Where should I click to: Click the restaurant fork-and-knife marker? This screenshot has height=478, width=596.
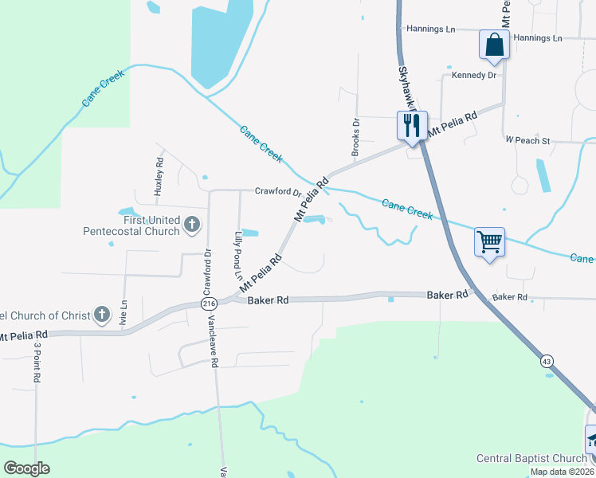point(412,126)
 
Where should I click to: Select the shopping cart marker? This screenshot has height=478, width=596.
point(489,241)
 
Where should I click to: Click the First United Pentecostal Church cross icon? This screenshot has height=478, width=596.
point(191,225)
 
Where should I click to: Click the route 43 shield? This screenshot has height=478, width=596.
point(546,362)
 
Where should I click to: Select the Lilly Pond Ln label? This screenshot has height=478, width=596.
point(237,249)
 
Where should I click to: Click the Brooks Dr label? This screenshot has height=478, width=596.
point(356,136)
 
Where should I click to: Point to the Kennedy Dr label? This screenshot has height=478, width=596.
point(474,75)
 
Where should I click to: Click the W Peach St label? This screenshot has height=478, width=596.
point(527,140)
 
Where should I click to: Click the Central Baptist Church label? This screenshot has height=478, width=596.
point(531,458)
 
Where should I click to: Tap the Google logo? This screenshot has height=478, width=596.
point(26,468)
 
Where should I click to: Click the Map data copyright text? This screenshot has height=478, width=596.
point(562,472)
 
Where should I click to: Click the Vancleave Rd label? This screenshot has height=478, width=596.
point(214,350)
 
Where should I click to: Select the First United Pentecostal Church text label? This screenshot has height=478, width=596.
point(131,226)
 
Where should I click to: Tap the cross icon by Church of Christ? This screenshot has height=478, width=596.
point(101,315)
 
